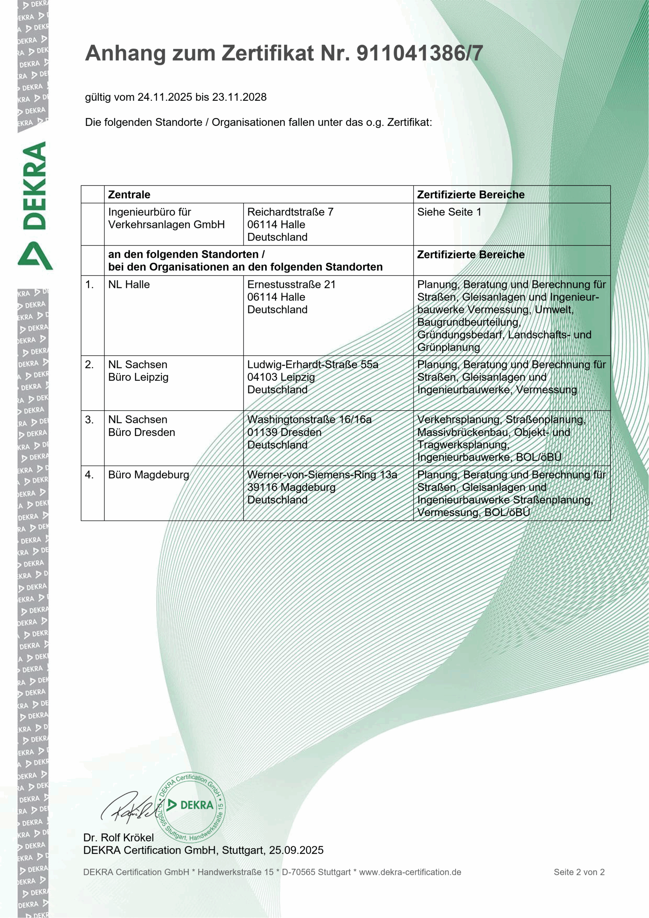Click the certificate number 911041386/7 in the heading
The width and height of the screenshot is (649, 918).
pos(420,53)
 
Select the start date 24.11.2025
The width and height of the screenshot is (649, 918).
pos(165,97)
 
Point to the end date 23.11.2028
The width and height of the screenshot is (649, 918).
pos(239,97)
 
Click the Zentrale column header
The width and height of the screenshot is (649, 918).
pos(129,195)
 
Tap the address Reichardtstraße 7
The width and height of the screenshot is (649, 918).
pos(290,212)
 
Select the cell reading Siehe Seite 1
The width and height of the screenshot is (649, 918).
pos(449,212)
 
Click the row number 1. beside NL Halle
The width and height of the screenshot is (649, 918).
pos(90,285)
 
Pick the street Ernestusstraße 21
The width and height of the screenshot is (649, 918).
pos(291,285)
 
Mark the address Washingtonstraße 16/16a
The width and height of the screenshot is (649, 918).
pos(309,420)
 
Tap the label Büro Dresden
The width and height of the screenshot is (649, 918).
pos(142,432)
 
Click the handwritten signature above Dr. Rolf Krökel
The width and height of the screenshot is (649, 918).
pos(128,808)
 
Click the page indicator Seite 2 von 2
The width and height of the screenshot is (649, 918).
pos(579,872)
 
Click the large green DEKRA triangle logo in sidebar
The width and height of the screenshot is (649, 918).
pos(35,256)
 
